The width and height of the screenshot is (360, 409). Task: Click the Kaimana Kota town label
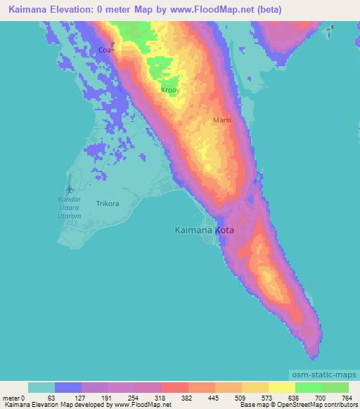click(204, 230)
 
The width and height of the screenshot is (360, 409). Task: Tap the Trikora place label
click(108, 204)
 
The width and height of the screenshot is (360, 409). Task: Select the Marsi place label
click(222, 120)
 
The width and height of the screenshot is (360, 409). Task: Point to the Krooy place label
click(171, 91)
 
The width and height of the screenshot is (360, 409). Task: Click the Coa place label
click(105, 50)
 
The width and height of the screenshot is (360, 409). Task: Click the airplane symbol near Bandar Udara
click(69, 189)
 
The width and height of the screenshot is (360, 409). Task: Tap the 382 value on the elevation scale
click(186, 397)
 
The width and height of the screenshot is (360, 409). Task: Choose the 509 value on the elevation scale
click(240, 397)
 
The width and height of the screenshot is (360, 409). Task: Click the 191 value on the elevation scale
click(105, 397)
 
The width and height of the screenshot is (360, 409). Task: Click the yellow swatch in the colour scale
click(281, 387)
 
